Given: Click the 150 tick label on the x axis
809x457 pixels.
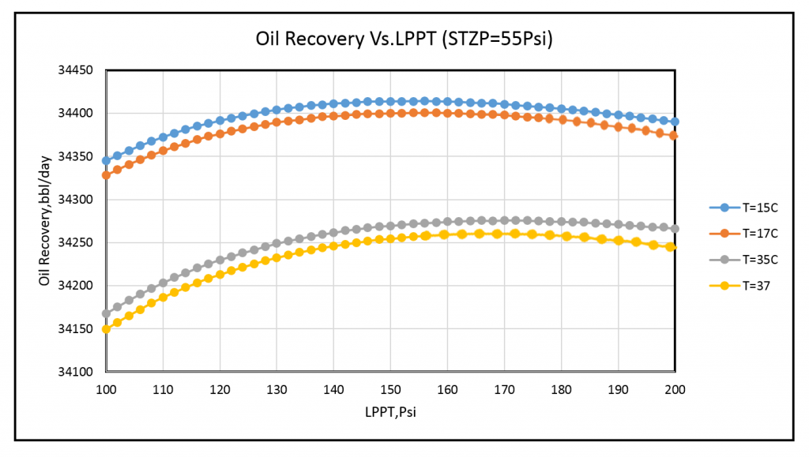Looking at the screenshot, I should (x=390, y=389).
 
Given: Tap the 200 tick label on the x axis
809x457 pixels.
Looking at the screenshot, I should (x=674, y=389).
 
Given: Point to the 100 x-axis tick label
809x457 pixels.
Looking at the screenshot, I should (x=106, y=389).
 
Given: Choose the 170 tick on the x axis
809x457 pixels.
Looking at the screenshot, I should (x=504, y=389).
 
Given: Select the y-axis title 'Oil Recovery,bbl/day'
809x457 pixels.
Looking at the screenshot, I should (x=44, y=221).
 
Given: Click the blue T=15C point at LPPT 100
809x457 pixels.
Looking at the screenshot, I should (x=106, y=161).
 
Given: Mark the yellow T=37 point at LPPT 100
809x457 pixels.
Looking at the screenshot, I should (x=106, y=329).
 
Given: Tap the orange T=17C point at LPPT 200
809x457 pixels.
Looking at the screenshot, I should (x=674, y=136).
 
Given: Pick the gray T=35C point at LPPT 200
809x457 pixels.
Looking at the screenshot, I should (x=674, y=229).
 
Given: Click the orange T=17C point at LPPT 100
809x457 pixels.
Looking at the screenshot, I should (x=106, y=174).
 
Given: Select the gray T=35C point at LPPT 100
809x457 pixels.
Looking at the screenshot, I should (x=106, y=313).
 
